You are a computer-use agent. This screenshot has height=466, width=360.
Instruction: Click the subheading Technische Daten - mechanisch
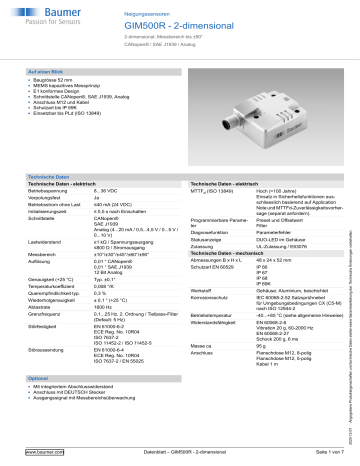pos(236,256)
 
